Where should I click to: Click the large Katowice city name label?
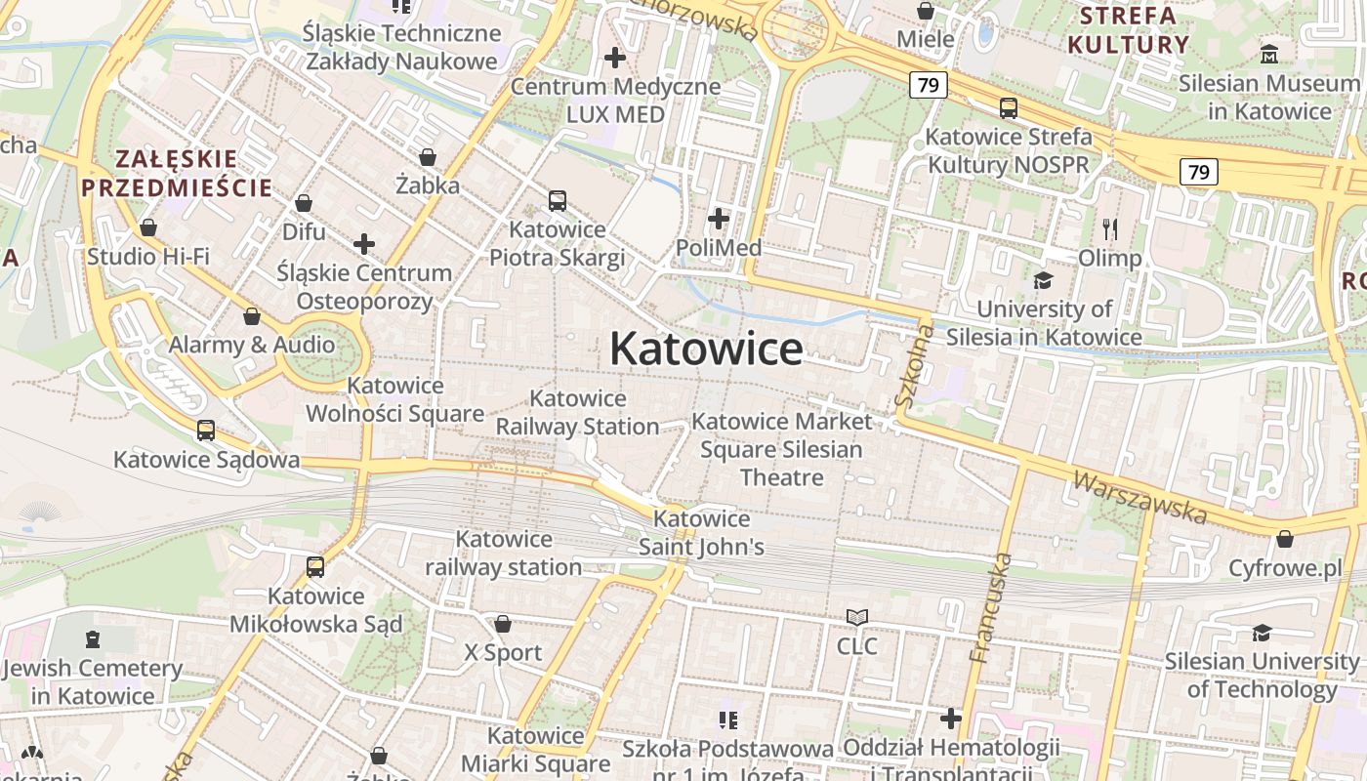click(x=706, y=349)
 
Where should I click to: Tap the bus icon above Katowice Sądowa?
click(x=206, y=430)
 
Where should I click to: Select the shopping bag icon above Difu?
click(x=304, y=203)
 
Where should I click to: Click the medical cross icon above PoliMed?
click(x=719, y=219)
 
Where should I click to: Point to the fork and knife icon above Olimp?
click(x=1109, y=229)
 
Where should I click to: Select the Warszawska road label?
click(x=1139, y=496)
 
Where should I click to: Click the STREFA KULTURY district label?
click(x=1128, y=30)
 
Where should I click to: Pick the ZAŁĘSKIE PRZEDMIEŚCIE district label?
click(x=177, y=173)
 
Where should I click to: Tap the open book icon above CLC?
click(x=856, y=617)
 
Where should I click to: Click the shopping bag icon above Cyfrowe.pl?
click(x=1285, y=539)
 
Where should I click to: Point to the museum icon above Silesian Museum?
click(x=1269, y=54)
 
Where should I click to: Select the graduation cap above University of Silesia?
click(x=1043, y=281)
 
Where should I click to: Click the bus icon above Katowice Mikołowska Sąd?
click(x=315, y=566)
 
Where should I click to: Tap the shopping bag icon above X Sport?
click(x=503, y=623)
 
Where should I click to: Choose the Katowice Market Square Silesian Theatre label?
click(x=782, y=449)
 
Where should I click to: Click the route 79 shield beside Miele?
click(x=928, y=85)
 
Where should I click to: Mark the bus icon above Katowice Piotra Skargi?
click(x=558, y=201)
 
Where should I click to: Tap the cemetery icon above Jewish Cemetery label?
click(x=93, y=639)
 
